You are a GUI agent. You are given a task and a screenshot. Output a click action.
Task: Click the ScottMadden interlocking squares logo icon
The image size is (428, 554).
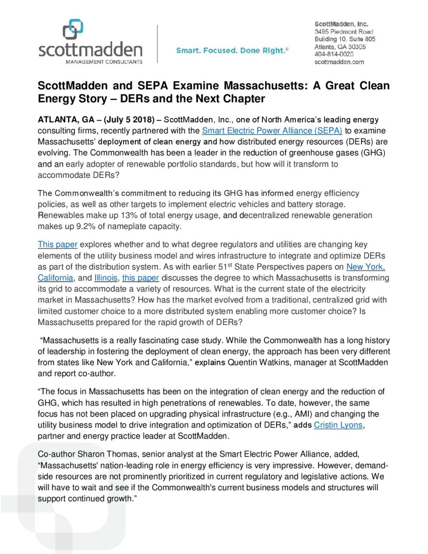pyautogui.click(x=72, y=29)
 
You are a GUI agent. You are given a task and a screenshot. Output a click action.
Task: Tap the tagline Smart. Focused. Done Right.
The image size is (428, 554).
pyautogui.click(x=232, y=51)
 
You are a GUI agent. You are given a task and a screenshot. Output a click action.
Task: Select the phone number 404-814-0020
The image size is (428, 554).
pyautogui.click(x=334, y=54)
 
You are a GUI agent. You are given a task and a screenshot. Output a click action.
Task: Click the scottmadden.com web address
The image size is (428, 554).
pyautogui.click(x=339, y=62)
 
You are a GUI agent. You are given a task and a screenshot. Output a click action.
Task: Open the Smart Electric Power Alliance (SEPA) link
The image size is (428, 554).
pyautogui.click(x=272, y=131)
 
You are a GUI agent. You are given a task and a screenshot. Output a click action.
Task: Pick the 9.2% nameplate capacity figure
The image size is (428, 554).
pyautogui.click(x=86, y=226)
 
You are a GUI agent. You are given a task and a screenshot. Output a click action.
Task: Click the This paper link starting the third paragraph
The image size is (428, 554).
pyautogui.click(x=57, y=245)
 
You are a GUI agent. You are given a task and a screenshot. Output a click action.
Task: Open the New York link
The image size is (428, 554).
pyautogui.click(x=365, y=267)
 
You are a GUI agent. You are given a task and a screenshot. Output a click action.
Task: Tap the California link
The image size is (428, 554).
pyautogui.click(x=55, y=278)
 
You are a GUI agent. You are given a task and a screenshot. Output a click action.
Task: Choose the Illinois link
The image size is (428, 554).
pyautogui.click(x=106, y=278)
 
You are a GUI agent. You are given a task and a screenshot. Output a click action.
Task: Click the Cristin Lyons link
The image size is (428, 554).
pyautogui.click(x=338, y=425)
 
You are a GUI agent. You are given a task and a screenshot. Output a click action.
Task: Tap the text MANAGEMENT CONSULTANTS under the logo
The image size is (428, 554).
pyautogui.click(x=104, y=62)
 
